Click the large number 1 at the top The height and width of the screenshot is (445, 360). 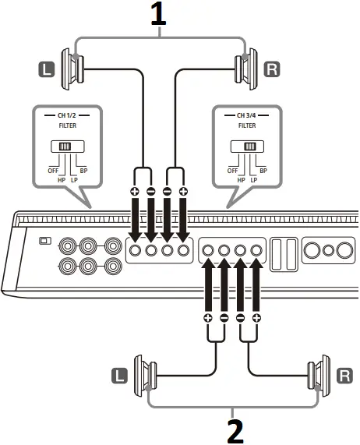click(159, 16)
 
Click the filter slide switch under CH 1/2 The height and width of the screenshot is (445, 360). click(62, 147)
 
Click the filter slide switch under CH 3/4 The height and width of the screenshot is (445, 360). click(249, 146)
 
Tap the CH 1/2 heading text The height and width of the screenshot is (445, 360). click(62, 115)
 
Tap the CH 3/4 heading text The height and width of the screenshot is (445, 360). click(246, 115)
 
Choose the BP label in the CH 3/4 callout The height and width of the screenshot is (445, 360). click(263, 170)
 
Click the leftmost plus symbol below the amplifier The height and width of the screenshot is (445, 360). click(208, 318)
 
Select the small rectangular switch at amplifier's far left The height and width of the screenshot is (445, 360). click(45, 241)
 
